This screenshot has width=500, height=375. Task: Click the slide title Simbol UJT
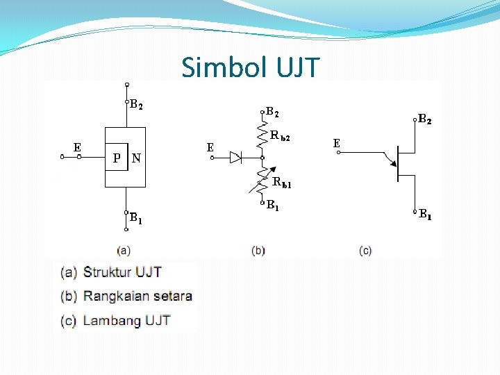tap(250, 67)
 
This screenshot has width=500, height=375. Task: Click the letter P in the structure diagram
tap(117, 158)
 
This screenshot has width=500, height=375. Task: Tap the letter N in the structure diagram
tap(136, 158)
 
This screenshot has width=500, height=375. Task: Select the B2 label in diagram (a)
tap(137, 106)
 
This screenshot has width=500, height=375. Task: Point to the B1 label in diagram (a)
tap(136, 220)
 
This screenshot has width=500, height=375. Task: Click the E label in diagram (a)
tap(78, 147)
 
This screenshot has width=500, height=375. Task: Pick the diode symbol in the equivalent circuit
tap(235, 158)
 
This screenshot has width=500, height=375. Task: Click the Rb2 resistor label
tap(281, 137)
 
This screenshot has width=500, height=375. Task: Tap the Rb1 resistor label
tap(282, 183)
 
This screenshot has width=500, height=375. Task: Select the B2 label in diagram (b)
tap(273, 111)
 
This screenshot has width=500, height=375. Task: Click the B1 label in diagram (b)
tap(273, 206)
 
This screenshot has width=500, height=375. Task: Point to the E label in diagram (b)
tap(210, 147)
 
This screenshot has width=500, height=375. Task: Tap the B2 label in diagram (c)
tap(424, 120)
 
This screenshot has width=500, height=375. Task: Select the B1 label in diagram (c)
tap(424, 215)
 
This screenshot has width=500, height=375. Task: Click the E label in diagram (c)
tap(336, 143)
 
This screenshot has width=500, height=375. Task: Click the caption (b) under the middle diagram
tap(258, 250)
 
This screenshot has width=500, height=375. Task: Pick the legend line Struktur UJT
tap(122, 272)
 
